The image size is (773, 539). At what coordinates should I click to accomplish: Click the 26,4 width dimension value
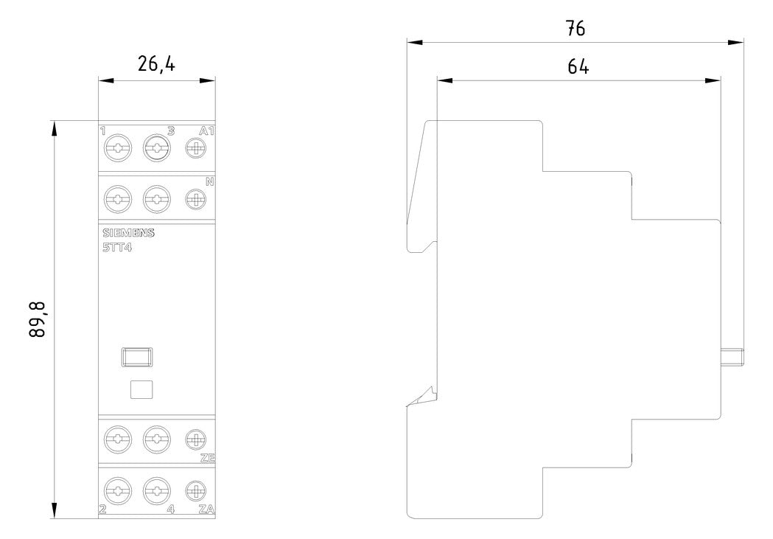click(155, 63)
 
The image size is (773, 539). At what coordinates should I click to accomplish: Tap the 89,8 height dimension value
click(38, 319)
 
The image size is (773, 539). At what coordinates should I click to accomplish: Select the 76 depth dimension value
click(576, 28)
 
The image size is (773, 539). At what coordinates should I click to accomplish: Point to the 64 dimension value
click(578, 66)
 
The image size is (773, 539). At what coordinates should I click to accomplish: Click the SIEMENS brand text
click(128, 233)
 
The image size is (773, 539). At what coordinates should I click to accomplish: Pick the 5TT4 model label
click(117, 248)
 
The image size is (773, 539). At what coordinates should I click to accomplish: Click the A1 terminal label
click(206, 131)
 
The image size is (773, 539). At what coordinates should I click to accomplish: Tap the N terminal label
click(210, 181)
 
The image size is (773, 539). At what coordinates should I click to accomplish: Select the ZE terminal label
click(208, 458)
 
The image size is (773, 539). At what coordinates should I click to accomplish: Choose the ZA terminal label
click(206, 510)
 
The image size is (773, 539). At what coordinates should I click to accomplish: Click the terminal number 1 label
click(102, 131)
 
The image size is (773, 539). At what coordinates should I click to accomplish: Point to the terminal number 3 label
click(170, 131)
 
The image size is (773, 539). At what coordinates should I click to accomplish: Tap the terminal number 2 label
click(102, 510)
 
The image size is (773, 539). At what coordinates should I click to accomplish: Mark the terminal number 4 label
click(170, 510)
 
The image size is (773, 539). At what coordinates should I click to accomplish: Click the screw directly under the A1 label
click(196, 148)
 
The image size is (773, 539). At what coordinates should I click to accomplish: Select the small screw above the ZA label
click(196, 491)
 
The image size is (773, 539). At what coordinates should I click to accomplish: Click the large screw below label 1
click(118, 148)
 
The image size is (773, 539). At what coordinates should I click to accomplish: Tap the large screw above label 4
click(157, 491)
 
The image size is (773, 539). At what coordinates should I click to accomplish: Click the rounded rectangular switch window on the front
click(136, 357)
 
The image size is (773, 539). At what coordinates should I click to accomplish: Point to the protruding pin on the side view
click(732, 357)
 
